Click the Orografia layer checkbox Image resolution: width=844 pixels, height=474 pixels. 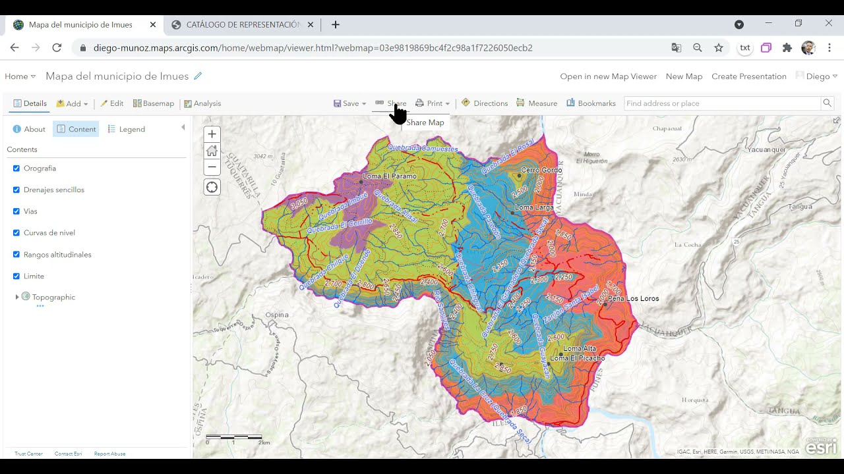click(16, 169)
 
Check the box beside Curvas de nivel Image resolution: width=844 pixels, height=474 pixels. click(16, 233)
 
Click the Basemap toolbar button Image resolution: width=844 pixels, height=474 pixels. click(154, 103)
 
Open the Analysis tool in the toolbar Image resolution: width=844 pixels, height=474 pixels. click(202, 103)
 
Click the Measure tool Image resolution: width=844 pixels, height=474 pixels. click(537, 103)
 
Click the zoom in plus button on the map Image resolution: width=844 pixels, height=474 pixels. click(212, 134)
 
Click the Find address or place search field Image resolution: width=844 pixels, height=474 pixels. click(722, 103)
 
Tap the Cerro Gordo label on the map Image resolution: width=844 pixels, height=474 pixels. click(541, 170)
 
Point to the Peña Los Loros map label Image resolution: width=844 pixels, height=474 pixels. click(633, 298)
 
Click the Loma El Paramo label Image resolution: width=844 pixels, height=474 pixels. click(390, 176)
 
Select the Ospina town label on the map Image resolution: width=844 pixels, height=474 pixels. click(277, 315)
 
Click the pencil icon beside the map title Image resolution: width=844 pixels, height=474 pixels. click(198, 76)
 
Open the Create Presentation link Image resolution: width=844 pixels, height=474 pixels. click(748, 76)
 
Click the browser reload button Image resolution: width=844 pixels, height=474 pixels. click(57, 47)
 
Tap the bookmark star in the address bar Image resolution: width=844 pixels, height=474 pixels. click(719, 47)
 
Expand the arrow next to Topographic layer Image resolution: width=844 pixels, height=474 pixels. click(17, 297)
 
